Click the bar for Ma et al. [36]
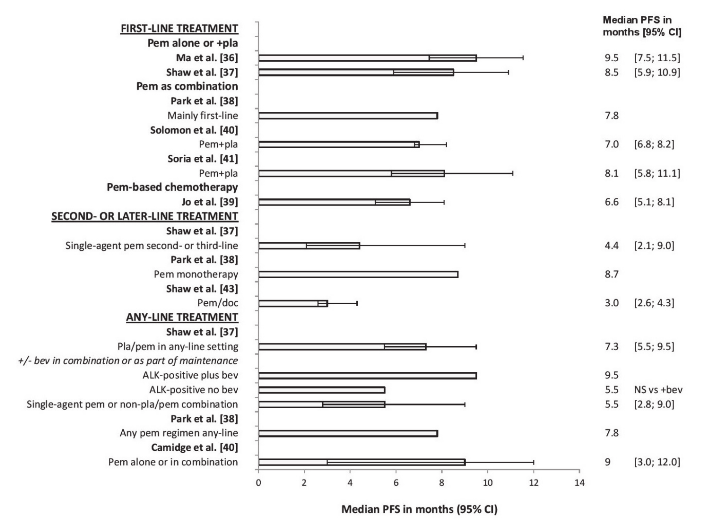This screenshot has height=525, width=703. (x=367, y=58)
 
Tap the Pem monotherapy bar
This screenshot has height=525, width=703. (x=358, y=275)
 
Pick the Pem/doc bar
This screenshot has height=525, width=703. (x=293, y=303)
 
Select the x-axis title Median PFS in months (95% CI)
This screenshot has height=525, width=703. (x=419, y=509)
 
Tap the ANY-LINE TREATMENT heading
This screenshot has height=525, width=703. (x=182, y=317)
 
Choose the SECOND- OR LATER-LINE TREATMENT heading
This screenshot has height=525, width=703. (x=145, y=216)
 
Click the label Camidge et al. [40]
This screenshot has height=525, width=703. (x=194, y=447)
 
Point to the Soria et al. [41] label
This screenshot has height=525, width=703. (x=203, y=159)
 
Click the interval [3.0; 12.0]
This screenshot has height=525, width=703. (x=657, y=462)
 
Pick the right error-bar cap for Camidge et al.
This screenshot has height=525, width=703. (x=534, y=462)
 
